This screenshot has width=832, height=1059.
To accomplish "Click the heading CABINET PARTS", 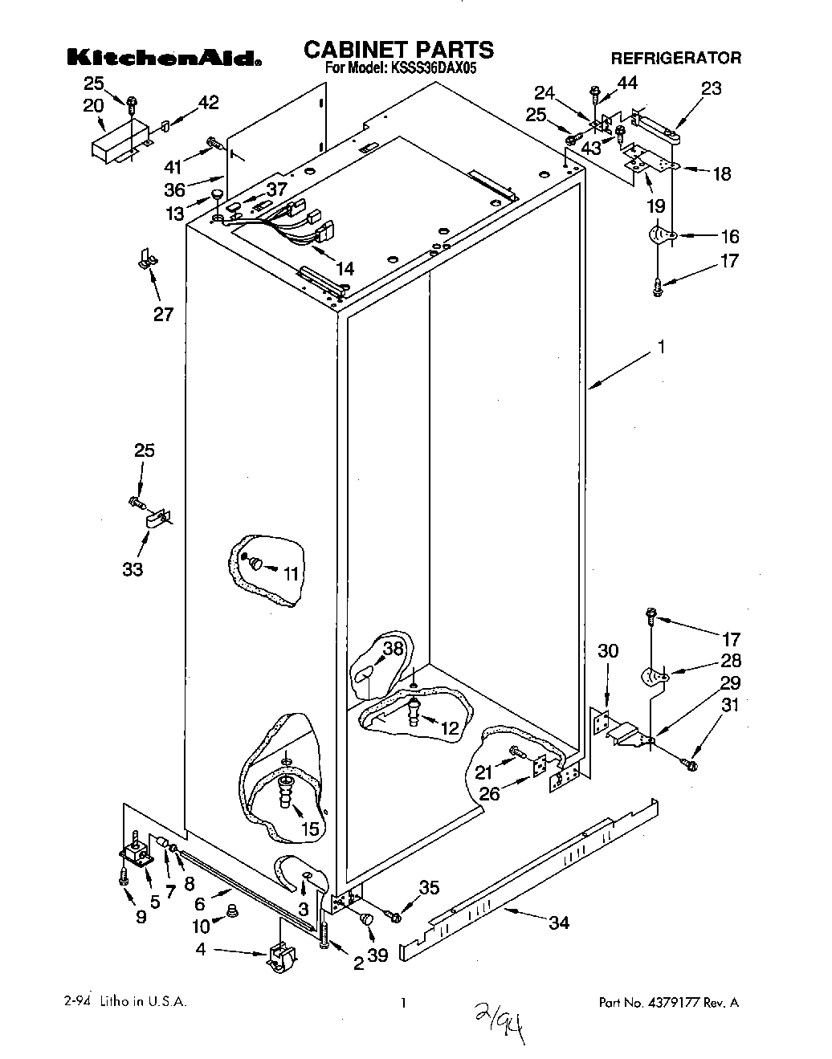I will [398, 50].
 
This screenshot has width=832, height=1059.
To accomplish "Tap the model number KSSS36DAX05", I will [433, 70].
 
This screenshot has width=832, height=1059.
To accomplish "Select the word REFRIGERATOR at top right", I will [675, 58].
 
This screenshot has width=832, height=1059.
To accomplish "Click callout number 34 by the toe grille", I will [559, 923].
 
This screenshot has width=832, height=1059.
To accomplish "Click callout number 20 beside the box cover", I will [93, 105].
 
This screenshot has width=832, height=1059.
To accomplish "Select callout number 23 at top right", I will [712, 89].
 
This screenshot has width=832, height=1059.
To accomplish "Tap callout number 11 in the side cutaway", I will [290, 573].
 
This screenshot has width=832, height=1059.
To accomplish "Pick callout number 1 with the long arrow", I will [661, 347].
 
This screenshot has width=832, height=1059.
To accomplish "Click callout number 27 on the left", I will [163, 314].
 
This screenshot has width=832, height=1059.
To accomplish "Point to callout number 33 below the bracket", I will [133, 569].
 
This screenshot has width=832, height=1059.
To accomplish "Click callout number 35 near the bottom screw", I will [429, 887].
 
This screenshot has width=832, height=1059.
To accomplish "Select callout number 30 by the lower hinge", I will [608, 650].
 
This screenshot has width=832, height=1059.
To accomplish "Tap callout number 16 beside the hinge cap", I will [729, 236].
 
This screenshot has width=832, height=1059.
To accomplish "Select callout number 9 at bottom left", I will [141, 917].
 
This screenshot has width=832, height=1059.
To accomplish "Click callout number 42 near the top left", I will [207, 102].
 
